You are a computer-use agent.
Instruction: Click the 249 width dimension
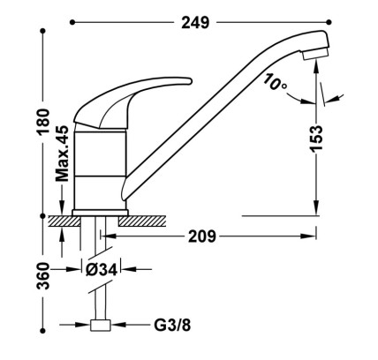(x=195, y=22)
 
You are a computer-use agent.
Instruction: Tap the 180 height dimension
(x=43, y=122)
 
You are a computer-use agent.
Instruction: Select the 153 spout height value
(x=316, y=139)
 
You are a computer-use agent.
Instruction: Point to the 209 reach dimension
(x=202, y=236)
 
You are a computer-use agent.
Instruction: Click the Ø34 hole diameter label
(x=102, y=269)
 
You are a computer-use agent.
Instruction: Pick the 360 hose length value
(x=43, y=276)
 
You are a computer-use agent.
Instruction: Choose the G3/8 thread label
(x=172, y=325)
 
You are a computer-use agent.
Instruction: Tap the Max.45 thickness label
(x=62, y=154)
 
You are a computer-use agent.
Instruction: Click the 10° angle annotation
(x=275, y=82)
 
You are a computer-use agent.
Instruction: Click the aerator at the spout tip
(x=315, y=54)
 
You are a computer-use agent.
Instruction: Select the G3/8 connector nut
(x=101, y=325)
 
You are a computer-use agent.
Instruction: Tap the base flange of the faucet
(x=101, y=213)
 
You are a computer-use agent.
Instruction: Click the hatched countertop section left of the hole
(x=64, y=221)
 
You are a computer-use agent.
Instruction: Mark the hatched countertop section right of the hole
(x=142, y=221)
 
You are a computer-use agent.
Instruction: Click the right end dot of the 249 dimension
(x=329, y=22)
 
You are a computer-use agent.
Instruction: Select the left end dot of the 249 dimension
(x=72, y=22)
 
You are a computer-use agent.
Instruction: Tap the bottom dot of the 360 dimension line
(x=43, y=331)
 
